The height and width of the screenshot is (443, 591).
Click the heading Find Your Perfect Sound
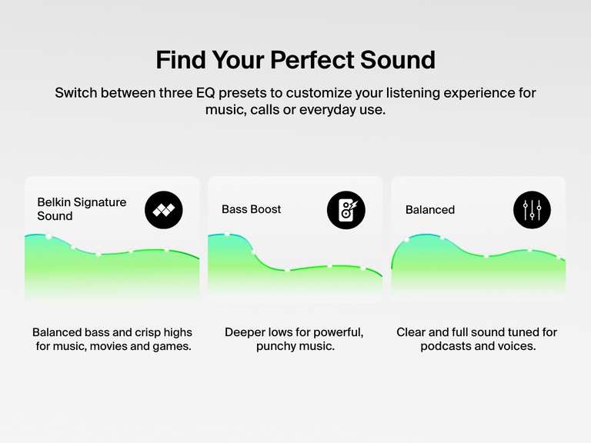click(295, 60)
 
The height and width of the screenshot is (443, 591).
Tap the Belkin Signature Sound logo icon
click(164, 209)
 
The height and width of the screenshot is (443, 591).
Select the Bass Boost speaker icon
click(346, 209)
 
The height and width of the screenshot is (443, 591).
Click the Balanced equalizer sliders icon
click(532, 209)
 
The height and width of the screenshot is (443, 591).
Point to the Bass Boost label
click(251, 209)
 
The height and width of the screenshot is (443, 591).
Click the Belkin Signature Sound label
click(82, 209)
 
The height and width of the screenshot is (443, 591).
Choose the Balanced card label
click(429, 210)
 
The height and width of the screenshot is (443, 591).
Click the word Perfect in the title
click(322, 60)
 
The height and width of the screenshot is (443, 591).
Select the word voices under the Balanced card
click(516, 346)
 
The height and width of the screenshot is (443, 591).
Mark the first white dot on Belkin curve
click(49, 237)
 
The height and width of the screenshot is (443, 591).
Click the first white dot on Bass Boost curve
click(228, 234)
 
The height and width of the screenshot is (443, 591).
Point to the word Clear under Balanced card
click(412, 332)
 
